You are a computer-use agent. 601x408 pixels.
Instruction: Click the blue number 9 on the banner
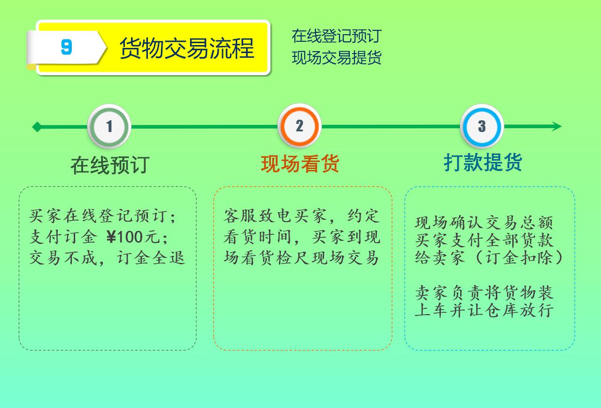pyautogui.click(x=67, y=47)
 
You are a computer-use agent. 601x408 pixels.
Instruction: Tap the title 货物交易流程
pyautogui.click(x=187, y=48)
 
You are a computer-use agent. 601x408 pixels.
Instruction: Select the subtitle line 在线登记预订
pyautogui.click(x=337, y=36)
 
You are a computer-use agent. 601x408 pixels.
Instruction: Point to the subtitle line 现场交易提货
pyautogui.click(x=337, y=57)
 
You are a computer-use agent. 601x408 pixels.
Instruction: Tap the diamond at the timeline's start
pyautogui.click(x=37, y=127)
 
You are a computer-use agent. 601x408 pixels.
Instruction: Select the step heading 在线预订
pyautogui.click(x=110, y=165)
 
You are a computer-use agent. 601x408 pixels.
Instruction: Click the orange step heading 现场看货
pyautogui.click(x=300, y=164)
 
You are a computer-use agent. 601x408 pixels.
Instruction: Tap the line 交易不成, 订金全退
pyautogui.click(x=107, y=258)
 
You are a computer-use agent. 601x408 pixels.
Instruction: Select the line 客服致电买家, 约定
pyautogui.click(x=302, y=216)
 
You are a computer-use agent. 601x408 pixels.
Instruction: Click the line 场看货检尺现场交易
pyautogui.click(x=301, y=258)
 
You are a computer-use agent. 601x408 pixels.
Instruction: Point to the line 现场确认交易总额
pyautogui.click(x=484, y=223)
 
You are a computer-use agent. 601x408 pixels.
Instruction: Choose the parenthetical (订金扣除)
pyautogui.click(x=518, y=257)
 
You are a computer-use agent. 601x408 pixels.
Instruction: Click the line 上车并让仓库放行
pyautogui.click(x=484, y=310)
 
